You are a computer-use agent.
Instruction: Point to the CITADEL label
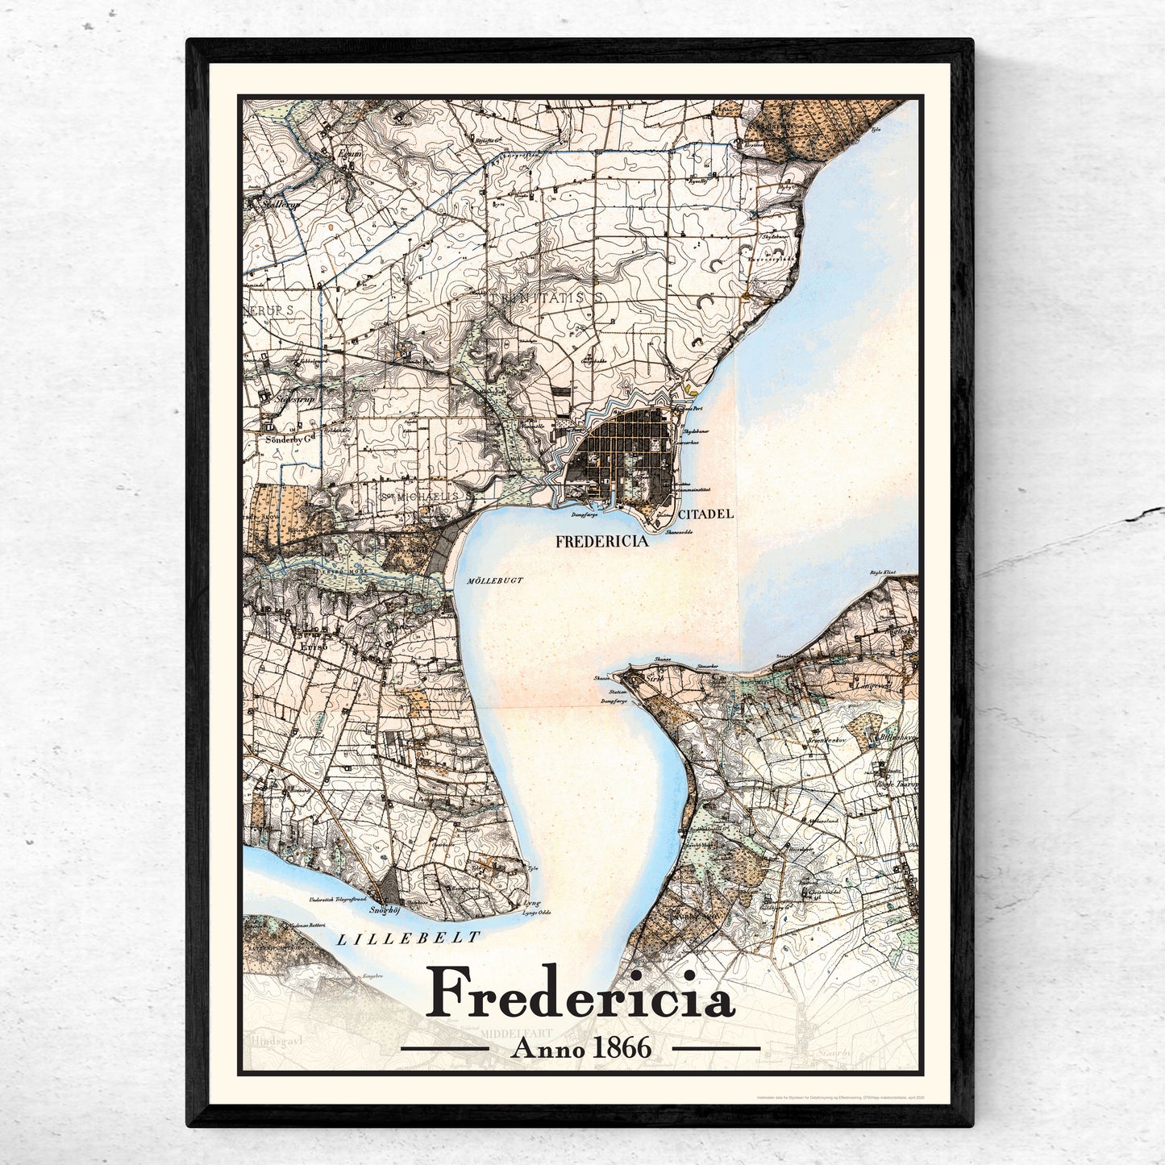(705, 513)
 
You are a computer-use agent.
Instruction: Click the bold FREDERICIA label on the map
(602, 543)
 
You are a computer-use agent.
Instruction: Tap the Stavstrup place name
(293, 398)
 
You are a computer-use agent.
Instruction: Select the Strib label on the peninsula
(654, 679)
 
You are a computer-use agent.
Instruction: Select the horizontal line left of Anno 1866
(444, 1048)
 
